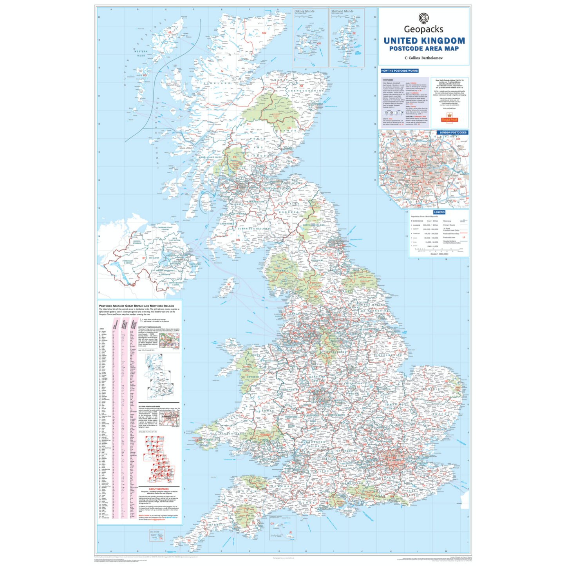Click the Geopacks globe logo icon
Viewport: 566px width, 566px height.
click(x=423, y=18)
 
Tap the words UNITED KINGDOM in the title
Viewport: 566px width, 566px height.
click(x=424, y=41)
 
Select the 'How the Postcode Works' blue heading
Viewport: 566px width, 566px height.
click(x=400, y=71)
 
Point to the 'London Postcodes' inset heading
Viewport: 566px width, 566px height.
click(x=453, y=132)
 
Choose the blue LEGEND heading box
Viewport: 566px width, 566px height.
click(x=439, y=212)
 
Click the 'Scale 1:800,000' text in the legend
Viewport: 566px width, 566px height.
click(x=439, y=254)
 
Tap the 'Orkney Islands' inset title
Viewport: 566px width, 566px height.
click(x=304, y=11)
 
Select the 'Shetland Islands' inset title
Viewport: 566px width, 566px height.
click(x=342, y=11)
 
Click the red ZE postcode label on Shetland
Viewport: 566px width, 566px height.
click(x=354, y=33)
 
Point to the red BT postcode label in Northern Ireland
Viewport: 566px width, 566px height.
click(x=144, y=258)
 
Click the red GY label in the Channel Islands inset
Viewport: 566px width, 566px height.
click(x=272, y=524)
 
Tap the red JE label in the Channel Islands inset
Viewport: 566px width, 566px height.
click(x=290, y=532)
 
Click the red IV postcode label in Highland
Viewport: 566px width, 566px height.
click(x=222, y=71)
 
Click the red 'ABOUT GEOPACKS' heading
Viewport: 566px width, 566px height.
click(x=159, y=489)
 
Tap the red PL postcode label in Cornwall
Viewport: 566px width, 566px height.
click(x=226, y=518)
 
